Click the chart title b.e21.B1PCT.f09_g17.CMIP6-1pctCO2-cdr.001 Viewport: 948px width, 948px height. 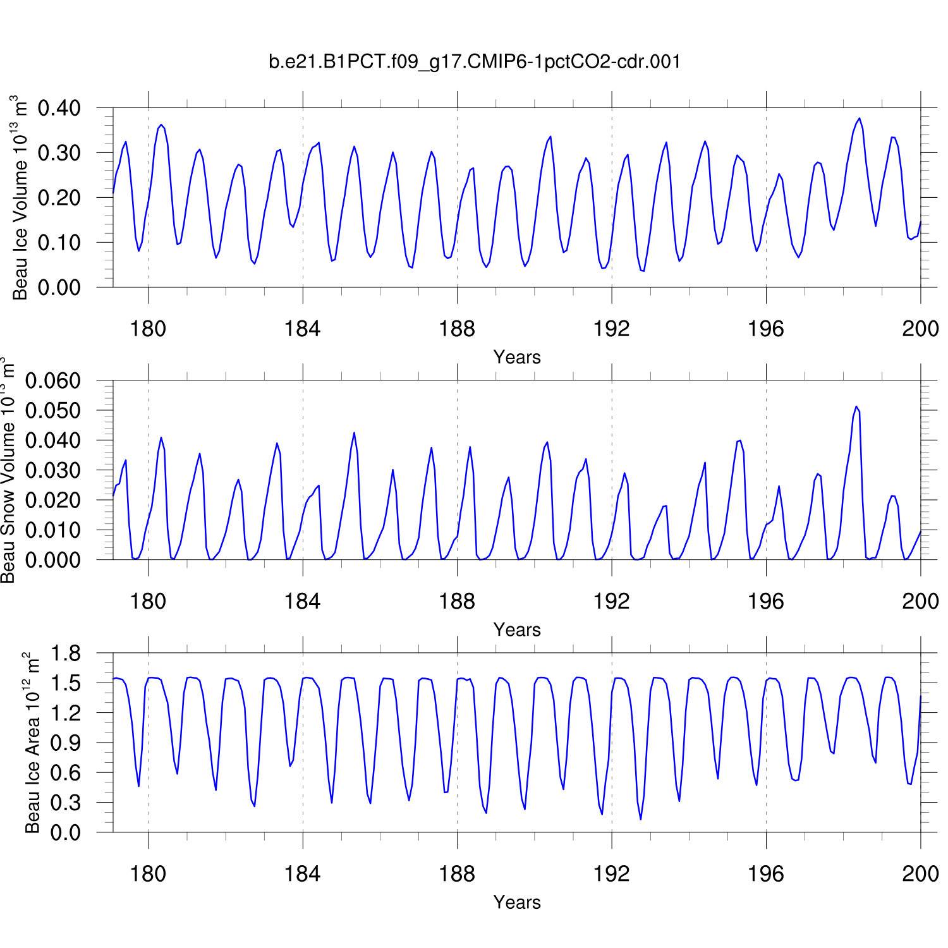click(x=475, y=61)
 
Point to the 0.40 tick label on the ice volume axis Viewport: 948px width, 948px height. click(x=59, y=108)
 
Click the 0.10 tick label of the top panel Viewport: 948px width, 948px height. click(x=59, y=243)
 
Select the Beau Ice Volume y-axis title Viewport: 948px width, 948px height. click(x=20, y=197)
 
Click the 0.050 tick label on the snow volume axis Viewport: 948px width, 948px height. click(x=53, y=411)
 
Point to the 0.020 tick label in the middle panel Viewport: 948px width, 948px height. click(x=53, y=500)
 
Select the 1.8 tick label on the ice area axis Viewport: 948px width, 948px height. click(x=66, y=653)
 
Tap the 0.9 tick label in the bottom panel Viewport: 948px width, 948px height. click(x=66, y=743)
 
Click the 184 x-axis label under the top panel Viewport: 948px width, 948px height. click(x=302, y=329)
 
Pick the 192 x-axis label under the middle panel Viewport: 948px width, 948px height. click(x=611, y=601)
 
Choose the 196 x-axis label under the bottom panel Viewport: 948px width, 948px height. click(x=765, y=874)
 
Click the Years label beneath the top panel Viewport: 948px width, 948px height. click(x=517, y=357)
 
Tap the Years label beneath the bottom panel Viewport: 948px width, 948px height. click(x=517, y=902)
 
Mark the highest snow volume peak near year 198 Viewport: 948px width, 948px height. click(x=856, y=406)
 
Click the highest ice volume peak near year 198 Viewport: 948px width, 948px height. click(x=860, y=118)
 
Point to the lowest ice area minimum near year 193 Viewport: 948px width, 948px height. click(x=641, y=820)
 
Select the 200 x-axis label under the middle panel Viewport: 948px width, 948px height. click(x=920, y=601)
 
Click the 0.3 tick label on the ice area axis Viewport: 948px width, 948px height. click(x=66, y=803)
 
